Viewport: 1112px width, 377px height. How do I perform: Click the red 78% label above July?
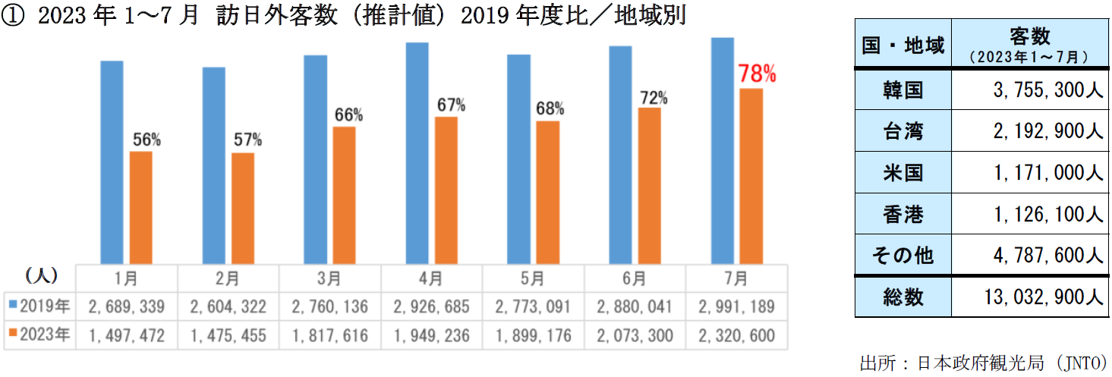(x=758, y=74)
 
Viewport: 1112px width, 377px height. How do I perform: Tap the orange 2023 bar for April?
(x=446, y=190)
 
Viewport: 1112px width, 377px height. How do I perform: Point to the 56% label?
(x=146, y=140)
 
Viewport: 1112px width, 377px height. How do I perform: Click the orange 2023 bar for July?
(x=751, y=176)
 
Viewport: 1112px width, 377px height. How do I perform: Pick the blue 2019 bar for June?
(x=620, y=155)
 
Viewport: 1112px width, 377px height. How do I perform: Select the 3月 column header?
(x=329, y=278)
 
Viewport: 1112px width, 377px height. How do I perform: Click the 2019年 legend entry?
(x=40, y=307)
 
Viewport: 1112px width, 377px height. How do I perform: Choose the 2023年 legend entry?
(x=40, y=335)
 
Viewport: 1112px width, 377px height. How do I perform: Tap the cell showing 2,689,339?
(x=127, y=307)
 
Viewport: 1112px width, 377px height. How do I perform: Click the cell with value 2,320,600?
(x=736, y=335)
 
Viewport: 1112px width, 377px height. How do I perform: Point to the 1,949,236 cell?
(x=431, y=335)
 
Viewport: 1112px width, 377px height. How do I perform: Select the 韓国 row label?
(x=903, y=90)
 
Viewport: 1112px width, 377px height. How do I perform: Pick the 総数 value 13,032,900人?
(x=1039, y=297)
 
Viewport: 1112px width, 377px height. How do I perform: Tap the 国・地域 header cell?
(x=903, y=46)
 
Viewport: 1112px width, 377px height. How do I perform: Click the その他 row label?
(x=903, y=256)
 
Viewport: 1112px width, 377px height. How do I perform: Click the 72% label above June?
(x=653, y=98)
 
